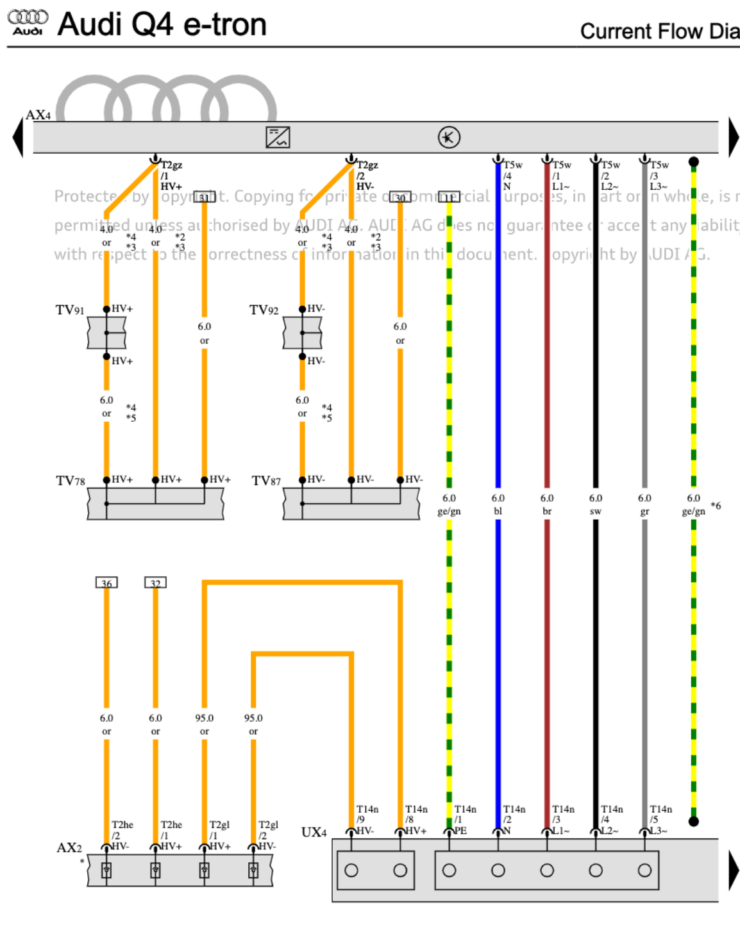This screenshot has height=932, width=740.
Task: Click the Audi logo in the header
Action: pyautogui.click(x=28, y=22)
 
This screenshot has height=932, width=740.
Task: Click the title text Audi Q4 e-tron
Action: pyautogui.click(x=162, y=25)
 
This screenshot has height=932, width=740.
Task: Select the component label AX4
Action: pyautogui.click(x=38, y=115)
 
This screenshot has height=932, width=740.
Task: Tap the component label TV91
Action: pyautogui.click(x=70, y=310)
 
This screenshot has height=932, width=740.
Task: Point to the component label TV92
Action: pyautogui.click(x=264, y=310)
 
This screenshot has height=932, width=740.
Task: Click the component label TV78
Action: pyautogui.click(x=70, y=481)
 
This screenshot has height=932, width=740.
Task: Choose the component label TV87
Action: pyautogui.click(x=265, y=481)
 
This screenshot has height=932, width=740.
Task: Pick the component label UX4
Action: pyautogui.click(x=314, y=832)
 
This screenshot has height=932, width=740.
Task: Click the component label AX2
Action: pyautogui.click(x=69, y=847)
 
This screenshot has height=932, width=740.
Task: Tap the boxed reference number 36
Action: pyautogui.click(x=106, y=583)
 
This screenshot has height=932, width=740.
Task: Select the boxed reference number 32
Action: pyautogui.click(x=155, y=583)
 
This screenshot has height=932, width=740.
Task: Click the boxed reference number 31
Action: pyautogui.click(x=204, y=197)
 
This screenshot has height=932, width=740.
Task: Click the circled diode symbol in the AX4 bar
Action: pyautogui.click(x=449, y=137)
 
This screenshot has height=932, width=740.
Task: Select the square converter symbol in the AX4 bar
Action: pyautogui.click(x=278, y=137)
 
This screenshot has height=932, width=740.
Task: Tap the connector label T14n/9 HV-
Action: pyautogui.click(x=367, y=819)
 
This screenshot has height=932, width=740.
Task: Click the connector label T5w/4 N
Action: pyautogui.click(x=512, y=176)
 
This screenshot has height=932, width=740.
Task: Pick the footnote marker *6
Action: pyautogui.click(x=716, y=506)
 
